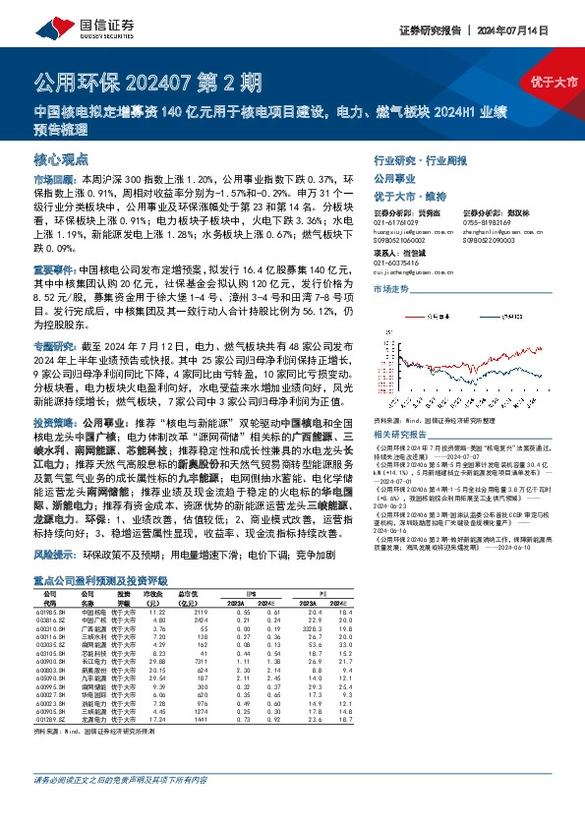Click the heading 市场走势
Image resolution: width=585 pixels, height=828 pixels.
click(391, 289)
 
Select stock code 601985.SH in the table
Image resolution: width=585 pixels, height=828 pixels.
click(50, 613)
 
